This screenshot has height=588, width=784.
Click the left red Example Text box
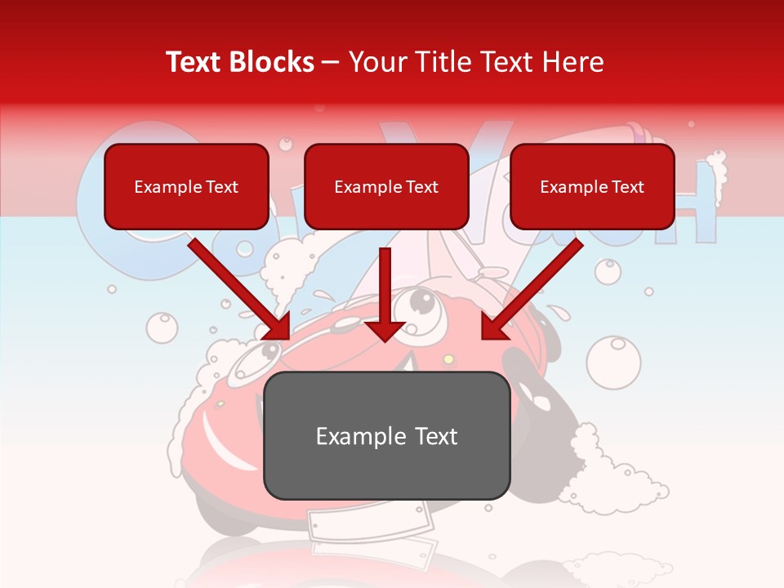tap(186, 186)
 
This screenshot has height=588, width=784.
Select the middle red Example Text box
tap(386, 186)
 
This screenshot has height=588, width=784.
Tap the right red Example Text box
tap(592, 186)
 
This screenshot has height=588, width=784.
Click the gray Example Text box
tap(386, 436)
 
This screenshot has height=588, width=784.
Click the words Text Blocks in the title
tap(239, 62)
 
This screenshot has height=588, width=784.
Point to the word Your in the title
tap(374, 62)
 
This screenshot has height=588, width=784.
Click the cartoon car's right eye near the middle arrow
tap(421, 304)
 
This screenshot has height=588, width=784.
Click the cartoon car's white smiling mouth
tap(220, 445)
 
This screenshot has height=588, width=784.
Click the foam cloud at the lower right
tap(621, 474)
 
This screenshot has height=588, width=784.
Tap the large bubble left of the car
tap(162, 327)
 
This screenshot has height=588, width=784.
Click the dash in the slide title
tap(332, 63)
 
